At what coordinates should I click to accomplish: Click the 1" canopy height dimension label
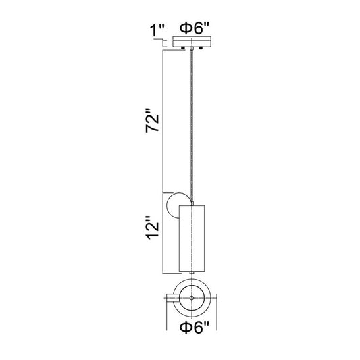(157, 30)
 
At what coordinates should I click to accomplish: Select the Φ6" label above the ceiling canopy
(195, 28)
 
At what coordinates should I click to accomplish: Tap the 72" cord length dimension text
(152, 121)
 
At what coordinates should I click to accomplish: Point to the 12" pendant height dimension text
(152, 228)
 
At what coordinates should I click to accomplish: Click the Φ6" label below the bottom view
(195, 327)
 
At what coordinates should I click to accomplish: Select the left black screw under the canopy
(183, 48)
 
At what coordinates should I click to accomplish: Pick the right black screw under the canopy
(201, 48)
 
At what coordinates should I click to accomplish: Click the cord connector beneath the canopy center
(192, 49)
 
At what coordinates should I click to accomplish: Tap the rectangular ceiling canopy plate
(192, 42)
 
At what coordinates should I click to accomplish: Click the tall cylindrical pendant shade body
(192, 238)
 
